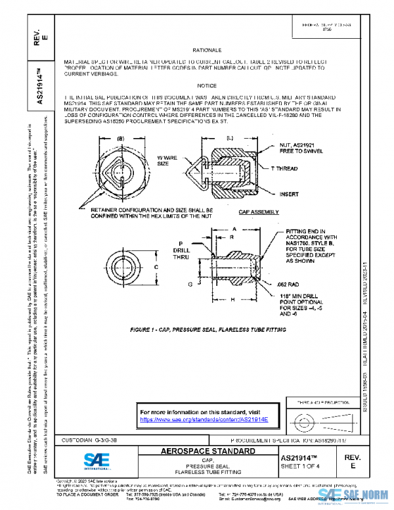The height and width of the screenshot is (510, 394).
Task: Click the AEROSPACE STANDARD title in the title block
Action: [x=208, y=452]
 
